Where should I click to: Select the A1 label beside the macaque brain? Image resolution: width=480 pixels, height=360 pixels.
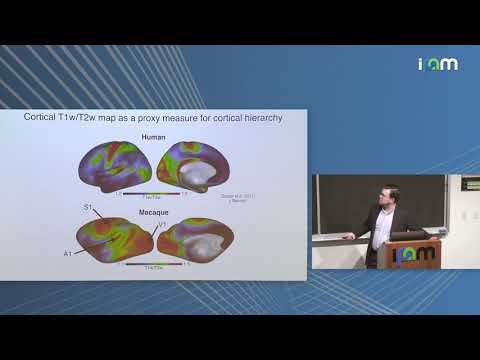pos(67,254)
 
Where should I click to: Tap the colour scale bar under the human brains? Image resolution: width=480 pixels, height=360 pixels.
pos(152,192)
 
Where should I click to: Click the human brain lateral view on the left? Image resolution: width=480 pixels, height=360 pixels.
pos(116,165)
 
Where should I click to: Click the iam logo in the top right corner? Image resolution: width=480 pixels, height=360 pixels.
pos(437,63)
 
